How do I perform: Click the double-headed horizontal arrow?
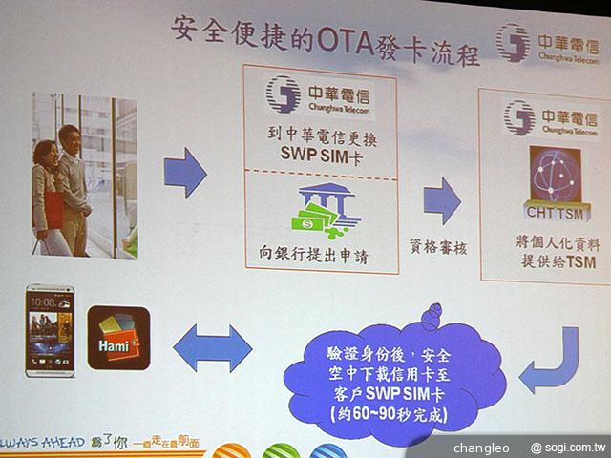(212, 346)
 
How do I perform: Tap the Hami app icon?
(118, 337)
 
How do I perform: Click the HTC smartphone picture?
(50, 328)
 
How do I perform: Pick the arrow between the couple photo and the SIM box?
(184, 173)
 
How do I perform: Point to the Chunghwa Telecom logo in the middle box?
(317, 95)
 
